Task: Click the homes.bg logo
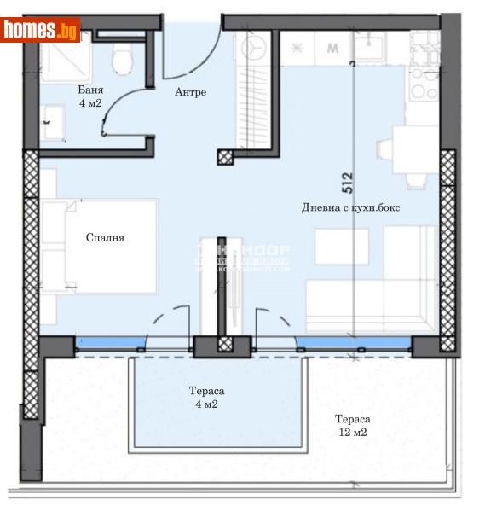40,30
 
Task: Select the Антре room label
190,92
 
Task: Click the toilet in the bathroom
124,57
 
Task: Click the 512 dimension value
348,182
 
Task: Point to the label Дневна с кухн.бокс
349,208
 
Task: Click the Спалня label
105,238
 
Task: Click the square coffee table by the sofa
341,247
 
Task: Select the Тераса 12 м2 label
352,426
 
